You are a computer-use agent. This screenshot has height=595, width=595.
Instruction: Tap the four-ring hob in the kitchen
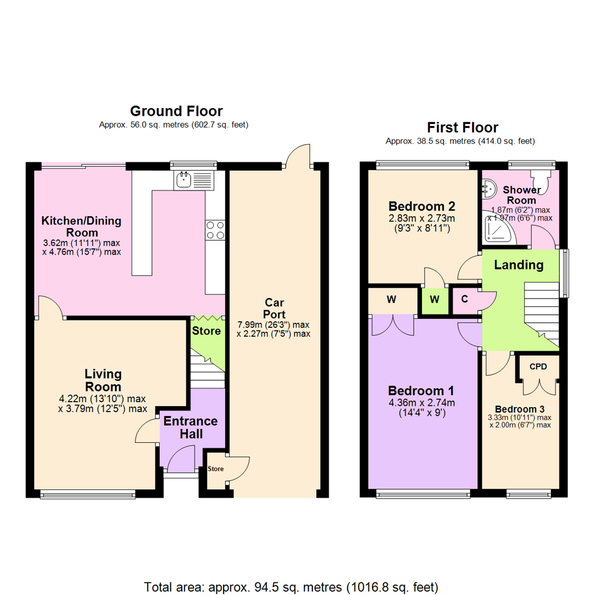click(x=215, y=230)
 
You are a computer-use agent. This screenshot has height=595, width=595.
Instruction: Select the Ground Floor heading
click(x=176, y=111)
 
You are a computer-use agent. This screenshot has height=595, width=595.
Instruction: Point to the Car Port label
click(x=274, y=308)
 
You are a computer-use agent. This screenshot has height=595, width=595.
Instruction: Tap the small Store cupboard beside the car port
click(x=215, y=469)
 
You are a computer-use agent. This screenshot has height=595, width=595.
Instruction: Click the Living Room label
click(x=102, y=380)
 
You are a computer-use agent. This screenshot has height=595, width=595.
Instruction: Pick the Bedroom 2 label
click(x=422, y=207)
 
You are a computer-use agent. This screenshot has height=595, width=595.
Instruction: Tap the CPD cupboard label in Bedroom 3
click(x=538, y=366)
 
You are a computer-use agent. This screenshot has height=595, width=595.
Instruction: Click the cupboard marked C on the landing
click(x=464, y=300)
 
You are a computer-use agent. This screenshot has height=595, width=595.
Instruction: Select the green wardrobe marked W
click(x=435, y=300)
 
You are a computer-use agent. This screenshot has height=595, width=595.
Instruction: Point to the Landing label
click(x=518, y=265)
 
